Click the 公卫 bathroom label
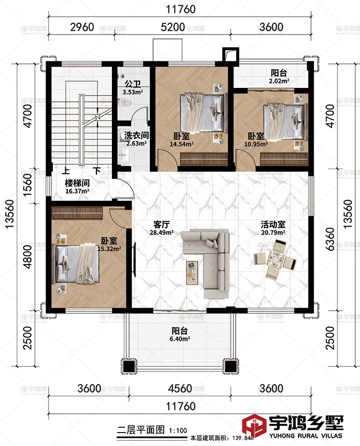[132, 84]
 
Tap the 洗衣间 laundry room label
[136, 135]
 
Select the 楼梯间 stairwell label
[77, 183]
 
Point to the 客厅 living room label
[161, 224]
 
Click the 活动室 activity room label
[273, 224]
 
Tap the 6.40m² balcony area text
[180, 339]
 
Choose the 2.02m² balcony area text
[279, 81]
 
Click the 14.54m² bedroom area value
[182, 144]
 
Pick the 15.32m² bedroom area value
[109, 249]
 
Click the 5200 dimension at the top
[173, 27]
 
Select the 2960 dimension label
[82, 27]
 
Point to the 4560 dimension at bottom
[180, 388]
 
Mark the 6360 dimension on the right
[330, 239]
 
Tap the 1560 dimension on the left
[27, 185]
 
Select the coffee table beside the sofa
[192, 273]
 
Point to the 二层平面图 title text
[141, 430]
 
